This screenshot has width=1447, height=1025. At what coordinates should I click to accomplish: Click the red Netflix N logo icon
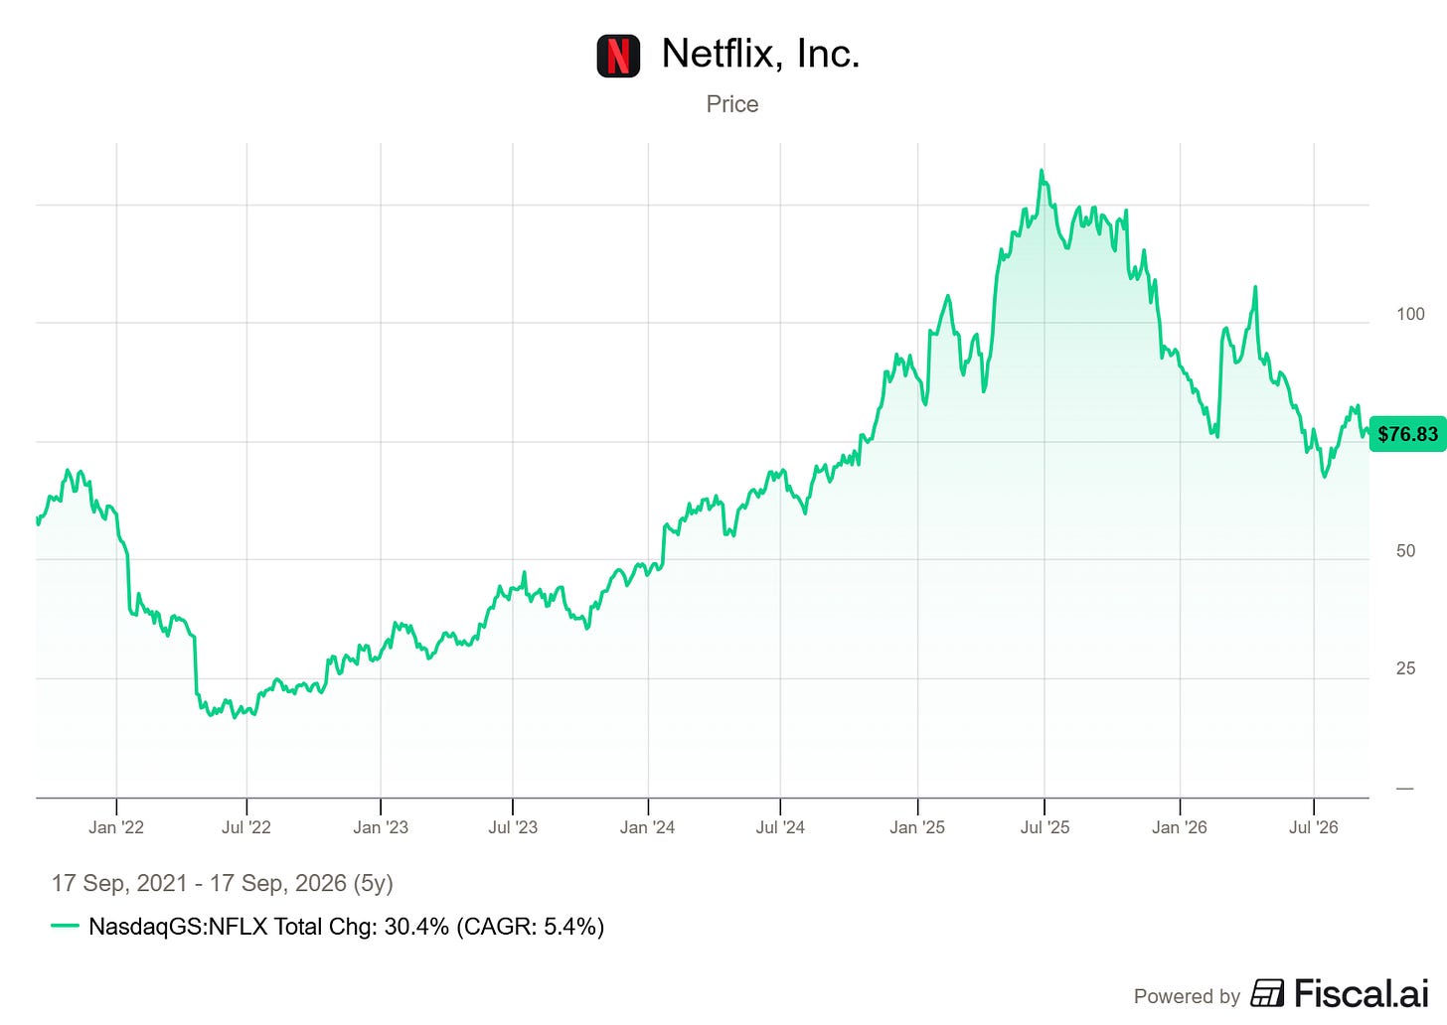click(x=618, y=56)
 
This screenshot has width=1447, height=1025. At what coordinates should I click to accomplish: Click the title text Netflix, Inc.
click(x=761, y=53)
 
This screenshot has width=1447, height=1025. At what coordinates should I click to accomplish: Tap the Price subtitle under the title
click(x=731, y=104)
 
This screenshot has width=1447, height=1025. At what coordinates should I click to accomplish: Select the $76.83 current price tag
click(x=1407, y=434)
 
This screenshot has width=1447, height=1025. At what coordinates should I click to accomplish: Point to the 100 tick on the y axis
click(x=1410, y=314)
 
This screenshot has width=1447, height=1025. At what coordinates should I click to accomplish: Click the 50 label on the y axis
click(x=1405, y=550)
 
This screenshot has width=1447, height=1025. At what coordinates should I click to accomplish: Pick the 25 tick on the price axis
click(x=1405, y=668)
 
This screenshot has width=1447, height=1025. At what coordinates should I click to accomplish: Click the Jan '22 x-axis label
click(x=116, y=827)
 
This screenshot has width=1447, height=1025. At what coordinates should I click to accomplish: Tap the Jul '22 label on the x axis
click(x=246, y=827)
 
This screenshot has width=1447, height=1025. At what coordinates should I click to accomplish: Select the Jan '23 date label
click(x=381, y=827)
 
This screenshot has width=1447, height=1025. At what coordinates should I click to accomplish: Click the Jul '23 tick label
click(x=513, y=827)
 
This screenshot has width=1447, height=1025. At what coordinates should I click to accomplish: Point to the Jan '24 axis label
click(x=647, y=827)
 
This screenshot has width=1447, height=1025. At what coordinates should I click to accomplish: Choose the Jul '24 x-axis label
click(x=780, y=827)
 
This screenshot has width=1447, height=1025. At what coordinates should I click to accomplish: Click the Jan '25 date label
click(x=917, y=827)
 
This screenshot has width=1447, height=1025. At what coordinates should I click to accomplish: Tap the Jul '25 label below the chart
click(x=1045, y=827)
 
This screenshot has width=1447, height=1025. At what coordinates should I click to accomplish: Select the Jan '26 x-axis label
click(x=1180, y=827)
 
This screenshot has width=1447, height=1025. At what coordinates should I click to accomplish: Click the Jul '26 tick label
click(x=1313, y=827)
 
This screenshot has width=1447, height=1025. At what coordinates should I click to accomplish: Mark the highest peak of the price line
click(x=1042, y=171)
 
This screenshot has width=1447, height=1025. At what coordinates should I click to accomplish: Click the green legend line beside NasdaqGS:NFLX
click(x=65, y=926)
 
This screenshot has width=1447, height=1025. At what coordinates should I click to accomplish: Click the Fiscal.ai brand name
click(x=1362, y=994)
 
